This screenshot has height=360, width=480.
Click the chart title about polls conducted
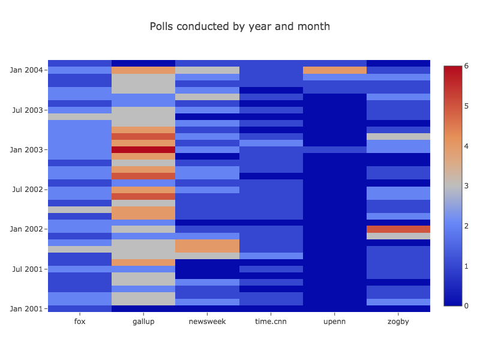click(x=239, y=26)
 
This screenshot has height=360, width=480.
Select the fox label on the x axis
click(x=79, y=322)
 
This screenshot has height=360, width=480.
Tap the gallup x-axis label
click(x=143, y=322)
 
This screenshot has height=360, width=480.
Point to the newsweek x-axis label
click(x=207, y=322)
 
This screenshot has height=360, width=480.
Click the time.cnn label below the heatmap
click(x=271, y=322)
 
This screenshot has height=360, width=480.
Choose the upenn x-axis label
click(x=334, y=322)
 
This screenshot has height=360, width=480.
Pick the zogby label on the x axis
click(x=398, y=322)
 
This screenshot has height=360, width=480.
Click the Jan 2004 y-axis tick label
click(x=26, y=70)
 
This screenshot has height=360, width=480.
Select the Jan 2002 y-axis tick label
click(x=26, y=229)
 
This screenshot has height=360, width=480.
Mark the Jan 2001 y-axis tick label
click(x=26, y=308)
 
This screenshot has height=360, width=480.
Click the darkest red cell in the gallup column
click(x=143, y=149)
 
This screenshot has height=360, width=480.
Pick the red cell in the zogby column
click(x=398, y=229)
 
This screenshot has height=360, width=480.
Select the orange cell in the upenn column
click(x=334, y=70)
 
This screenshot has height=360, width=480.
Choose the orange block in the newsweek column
click(x=207, y=246)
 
